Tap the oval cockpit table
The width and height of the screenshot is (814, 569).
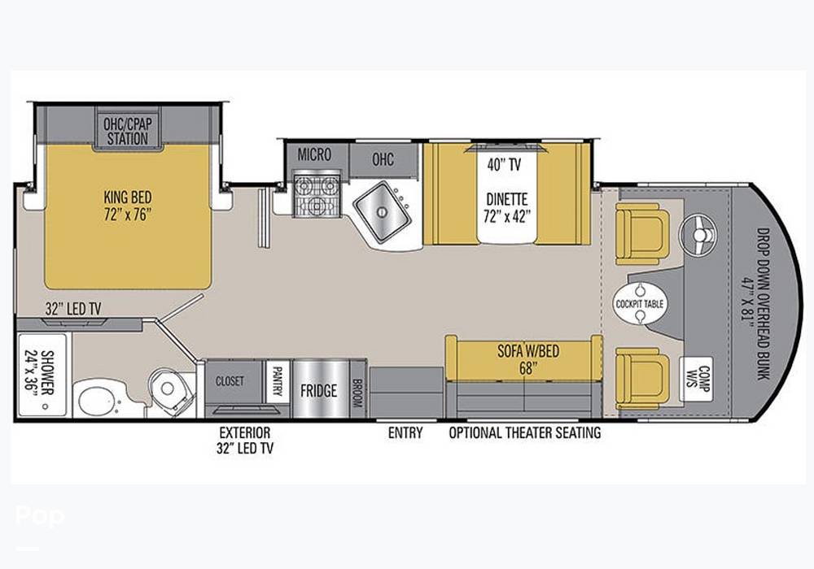pyautogui.click(x=640, y=304)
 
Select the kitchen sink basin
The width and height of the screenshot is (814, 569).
pyautogui.click(x=382, y=211)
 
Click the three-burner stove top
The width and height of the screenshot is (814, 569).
pyautogui.click(x=316, y=196)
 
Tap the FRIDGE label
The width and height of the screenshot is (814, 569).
pyautogui.click(x=319, y=390)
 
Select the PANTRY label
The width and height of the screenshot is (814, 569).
pyautogui.click(x=278, y=381)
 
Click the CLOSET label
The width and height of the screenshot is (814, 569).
pyautogui.click(x=230, y=381)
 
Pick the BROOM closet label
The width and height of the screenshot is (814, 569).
pyautogui.click(x=357, y=391)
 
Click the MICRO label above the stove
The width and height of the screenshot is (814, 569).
pyautogui.click(x=314, y=154)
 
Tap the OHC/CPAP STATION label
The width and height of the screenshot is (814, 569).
pyautogui.click(x=127, y=131)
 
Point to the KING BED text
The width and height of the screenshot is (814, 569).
pyautogui.click(x=128, y=197)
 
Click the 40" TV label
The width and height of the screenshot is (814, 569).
pyautogui.click(x=504, y=165)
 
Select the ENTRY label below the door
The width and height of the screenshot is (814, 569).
pyautogui.click(x=405, y=432)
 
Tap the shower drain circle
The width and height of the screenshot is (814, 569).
pyautogui.click(x=45, y=406)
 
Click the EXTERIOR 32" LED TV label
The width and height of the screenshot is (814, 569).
pyautogui.click(x=245, y=440)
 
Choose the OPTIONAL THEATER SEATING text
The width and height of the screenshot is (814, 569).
pyautogui.click(x=525, y=432)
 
